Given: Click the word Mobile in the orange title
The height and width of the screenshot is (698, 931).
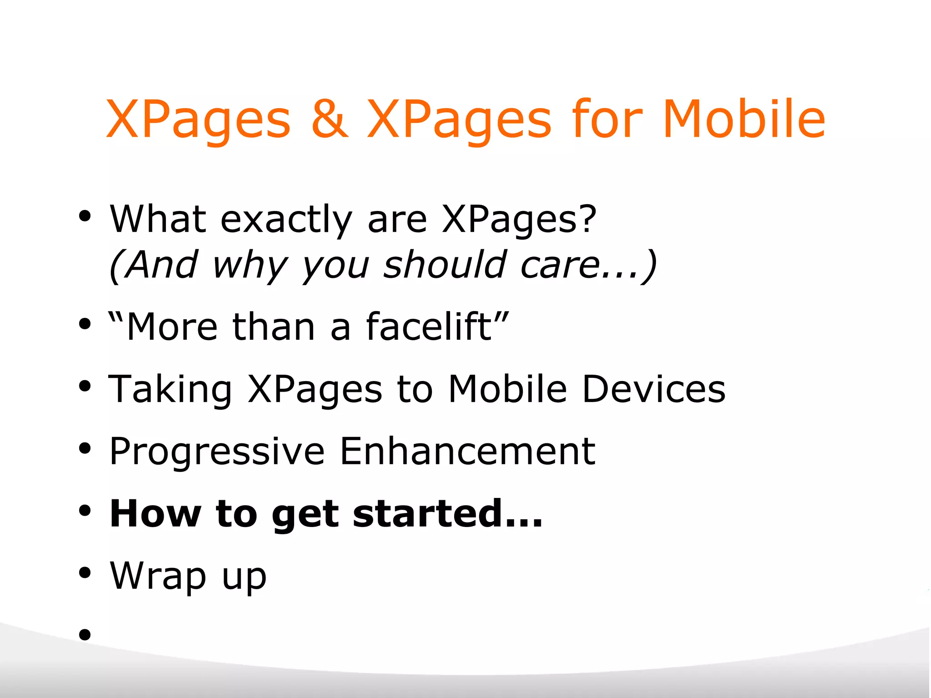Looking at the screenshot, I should [744, 119].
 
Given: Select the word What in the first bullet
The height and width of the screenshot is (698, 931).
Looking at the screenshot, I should [158, 219].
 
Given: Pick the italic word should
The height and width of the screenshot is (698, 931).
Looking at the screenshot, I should [445, 265].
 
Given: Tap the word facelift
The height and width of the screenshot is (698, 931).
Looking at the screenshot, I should [428, 326].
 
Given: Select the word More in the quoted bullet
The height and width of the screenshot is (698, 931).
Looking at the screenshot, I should [172, 327].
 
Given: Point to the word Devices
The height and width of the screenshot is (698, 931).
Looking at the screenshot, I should [654, 389].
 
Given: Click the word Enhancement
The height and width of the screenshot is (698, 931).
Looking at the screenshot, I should [467, 451].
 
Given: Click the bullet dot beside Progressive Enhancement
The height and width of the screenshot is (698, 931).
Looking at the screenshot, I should [85, 448].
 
